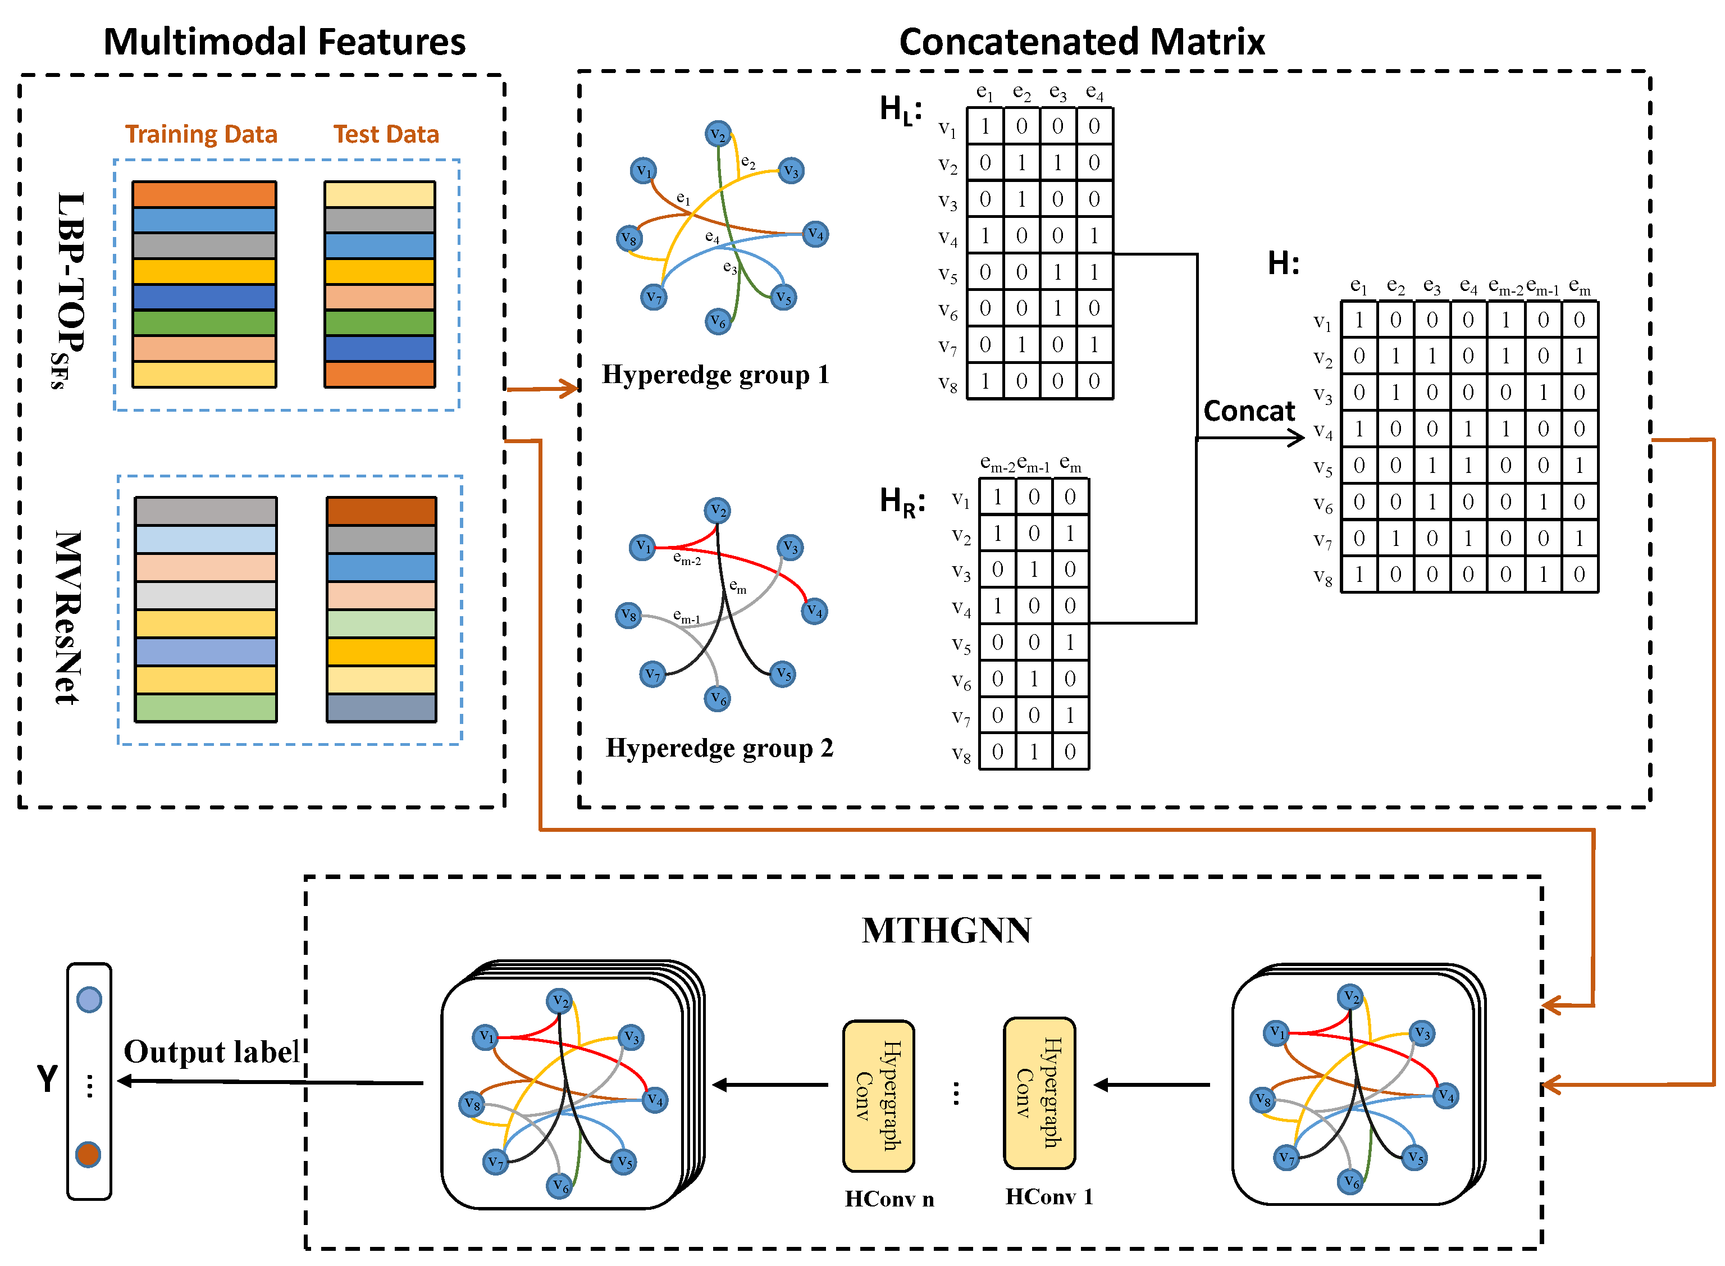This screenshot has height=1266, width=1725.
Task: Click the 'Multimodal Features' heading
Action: click(x=284, y=42)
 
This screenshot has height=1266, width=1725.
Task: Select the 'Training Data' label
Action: click(x=200, y=134)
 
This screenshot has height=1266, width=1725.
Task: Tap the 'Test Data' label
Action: click(x=386, y=134)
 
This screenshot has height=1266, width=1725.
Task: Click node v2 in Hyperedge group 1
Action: click(x=718, y=134)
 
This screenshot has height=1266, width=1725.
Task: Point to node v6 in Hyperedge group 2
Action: click(x=717, y=698)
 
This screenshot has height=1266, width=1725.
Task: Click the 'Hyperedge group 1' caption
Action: click(x=715, y=375)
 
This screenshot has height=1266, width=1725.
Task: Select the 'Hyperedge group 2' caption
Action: click(x=719, y=748)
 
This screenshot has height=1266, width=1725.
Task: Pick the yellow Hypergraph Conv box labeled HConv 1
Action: click(x=1039, y=1093)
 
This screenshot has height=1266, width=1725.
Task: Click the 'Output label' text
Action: click(x=211, y=1052)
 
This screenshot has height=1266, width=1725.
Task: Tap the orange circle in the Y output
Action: click(x=88, y=1154)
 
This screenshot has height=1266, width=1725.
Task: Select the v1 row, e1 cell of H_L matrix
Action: click(x=984, y=126)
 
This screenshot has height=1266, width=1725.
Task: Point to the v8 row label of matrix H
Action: click(x=1322, y=576)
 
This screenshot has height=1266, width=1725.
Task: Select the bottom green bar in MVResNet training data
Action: click(x=206, y=707)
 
